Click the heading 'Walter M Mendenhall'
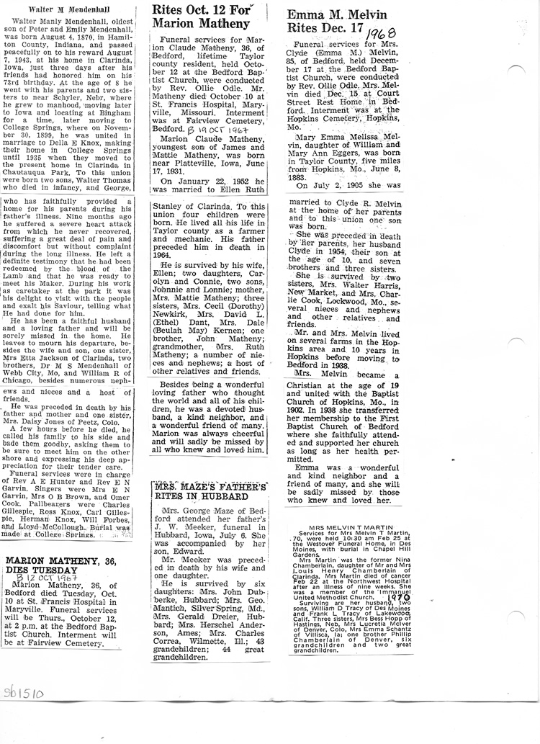coord(53,9)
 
